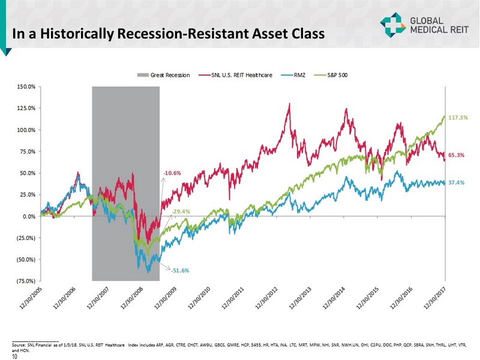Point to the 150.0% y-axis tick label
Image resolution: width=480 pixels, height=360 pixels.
[x=26, y=87]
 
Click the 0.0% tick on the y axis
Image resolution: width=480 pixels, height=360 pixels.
[x=28, y=217]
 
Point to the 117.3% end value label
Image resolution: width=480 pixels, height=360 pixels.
[x=458, y=118]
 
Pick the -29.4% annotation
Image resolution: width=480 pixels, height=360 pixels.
[x=181, y=212]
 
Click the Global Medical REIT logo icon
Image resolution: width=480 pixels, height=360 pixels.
[x=391, y=24]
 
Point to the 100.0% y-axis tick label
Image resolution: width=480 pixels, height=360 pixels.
[x=26, y=130]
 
